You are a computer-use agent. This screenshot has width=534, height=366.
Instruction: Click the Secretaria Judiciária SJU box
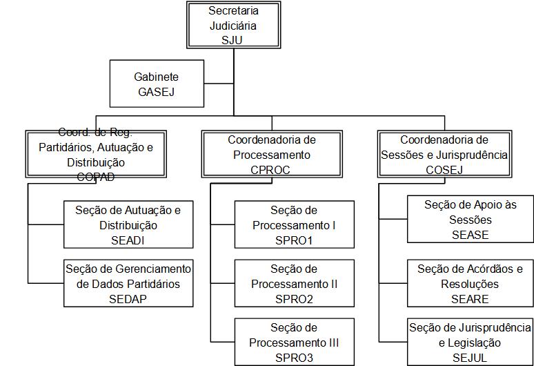tap(233, 25)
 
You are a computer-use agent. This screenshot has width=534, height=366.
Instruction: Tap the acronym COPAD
tap(96, 177)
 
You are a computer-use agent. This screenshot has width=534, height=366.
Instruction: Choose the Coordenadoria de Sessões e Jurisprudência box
tap(444, 154)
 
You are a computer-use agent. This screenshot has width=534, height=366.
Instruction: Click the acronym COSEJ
tap(444, 169)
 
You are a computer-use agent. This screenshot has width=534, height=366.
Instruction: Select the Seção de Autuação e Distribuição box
tap(128, 224)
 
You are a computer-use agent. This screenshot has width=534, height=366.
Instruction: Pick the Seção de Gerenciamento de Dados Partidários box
tap(128, 283)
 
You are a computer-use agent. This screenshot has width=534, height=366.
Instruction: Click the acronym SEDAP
tap(128, 298)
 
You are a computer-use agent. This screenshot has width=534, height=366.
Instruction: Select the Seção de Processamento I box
tap(294, 224)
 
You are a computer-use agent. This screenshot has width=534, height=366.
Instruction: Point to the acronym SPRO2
tap(294, 298)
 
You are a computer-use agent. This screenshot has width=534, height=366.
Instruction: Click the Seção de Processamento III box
tap(294, 342)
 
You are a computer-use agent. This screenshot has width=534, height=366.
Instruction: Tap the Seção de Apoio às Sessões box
tap(470, 220)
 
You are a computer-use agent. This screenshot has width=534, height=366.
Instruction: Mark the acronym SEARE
tap(470, 298)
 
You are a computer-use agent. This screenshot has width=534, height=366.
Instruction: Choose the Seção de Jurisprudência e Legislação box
tap(470, 342)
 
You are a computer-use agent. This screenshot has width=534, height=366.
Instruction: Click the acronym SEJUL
tap(470, 357)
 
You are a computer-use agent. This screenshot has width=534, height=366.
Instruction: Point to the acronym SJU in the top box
tap(233, 40)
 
